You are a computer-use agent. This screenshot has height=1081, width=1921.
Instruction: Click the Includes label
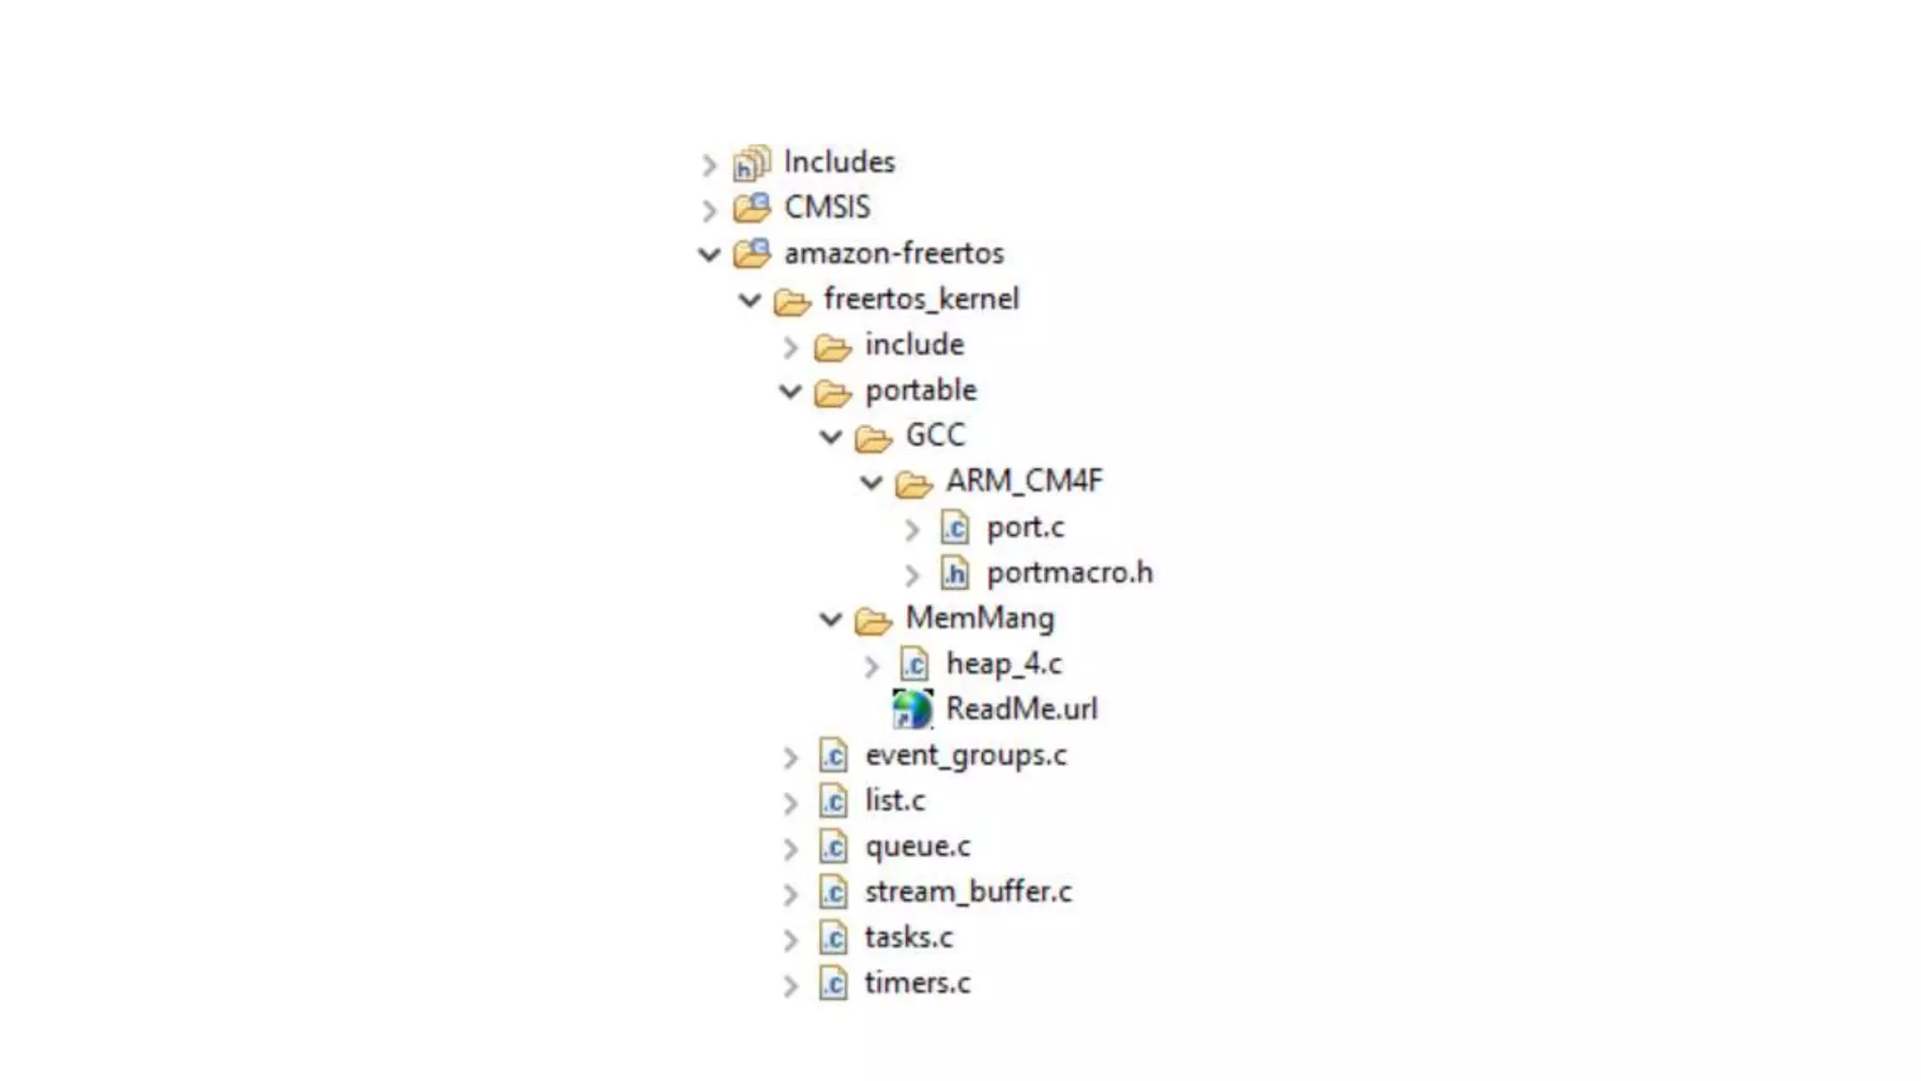pyautogui.click(x=839, y=162)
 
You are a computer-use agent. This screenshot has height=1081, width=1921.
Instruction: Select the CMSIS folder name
pyautogui.click(x=826, y=207)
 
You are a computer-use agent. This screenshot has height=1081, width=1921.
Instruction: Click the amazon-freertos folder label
pyautogui.click(x=893, y=253)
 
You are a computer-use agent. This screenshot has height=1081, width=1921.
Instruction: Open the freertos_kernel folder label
pyautogui.click(x=920, y=299)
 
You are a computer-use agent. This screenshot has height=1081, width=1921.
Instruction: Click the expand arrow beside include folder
pyautogui.click(x=791, y=347)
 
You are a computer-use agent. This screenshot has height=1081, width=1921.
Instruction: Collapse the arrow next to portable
pyautogui.click(x=791, y=391)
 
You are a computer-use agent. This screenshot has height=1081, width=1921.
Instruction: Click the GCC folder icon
pyautogui.click(x=873, y=437)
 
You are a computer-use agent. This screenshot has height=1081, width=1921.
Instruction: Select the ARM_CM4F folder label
pyautogui.click(x=1023, y=481)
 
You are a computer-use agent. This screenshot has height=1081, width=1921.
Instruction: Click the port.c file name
pyautogui.click(x=1024, y=527)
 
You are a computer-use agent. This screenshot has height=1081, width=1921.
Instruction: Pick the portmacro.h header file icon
pyautogui.click(x=955, y=573)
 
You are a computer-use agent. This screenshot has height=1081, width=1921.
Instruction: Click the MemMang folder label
pyautogui.click(x=979, y=618)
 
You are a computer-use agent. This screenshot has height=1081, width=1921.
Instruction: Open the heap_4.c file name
pyautogui.click(x=1003, y=664)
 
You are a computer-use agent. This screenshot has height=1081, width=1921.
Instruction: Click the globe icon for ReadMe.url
pyautogui.click(x=912, y=709)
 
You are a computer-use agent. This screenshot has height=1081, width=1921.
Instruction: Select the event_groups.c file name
pyautogui.click(x=965, y=755)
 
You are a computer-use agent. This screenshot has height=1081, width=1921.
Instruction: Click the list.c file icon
pyautogui.click(x=833, y=801)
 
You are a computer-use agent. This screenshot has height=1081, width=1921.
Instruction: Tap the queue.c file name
pyautogui.click(x=916, y=846)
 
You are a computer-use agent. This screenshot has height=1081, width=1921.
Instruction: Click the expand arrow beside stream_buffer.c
pyautogui.click(x=791, y=894)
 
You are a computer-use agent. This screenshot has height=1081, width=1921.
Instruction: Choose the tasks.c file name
pyautogui.click(x=908, y=937)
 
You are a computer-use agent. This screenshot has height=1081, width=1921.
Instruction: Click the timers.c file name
pyautogui.click(x=916, y=983)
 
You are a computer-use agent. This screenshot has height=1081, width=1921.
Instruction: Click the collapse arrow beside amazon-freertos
pyautogui.click(x=709, y=254)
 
